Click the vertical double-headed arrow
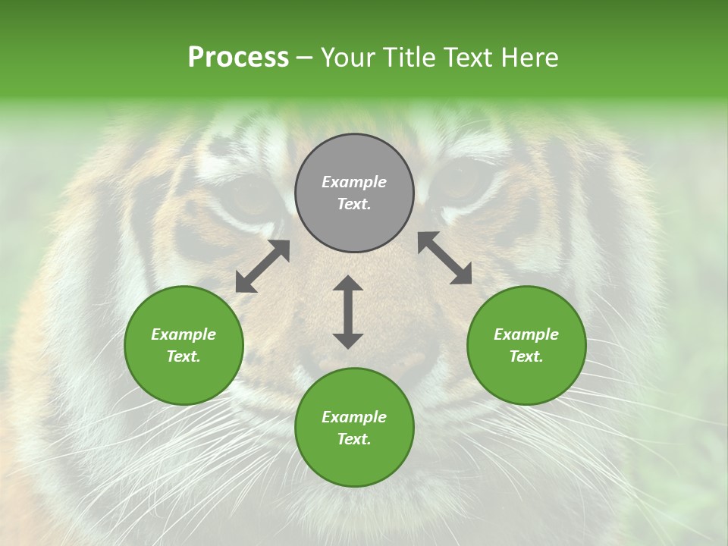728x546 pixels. pos(348,312)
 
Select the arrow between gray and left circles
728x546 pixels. pos(262,266)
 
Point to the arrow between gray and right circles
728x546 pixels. pos(445,258)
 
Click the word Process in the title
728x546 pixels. pos(238,58)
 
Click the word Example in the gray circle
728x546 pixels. pos(354,182)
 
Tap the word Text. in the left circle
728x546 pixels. pos(184,356)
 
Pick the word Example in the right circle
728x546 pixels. pos(526,334)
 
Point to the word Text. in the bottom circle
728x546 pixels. pos(354,439)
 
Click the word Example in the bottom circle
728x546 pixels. pos(354,417)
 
